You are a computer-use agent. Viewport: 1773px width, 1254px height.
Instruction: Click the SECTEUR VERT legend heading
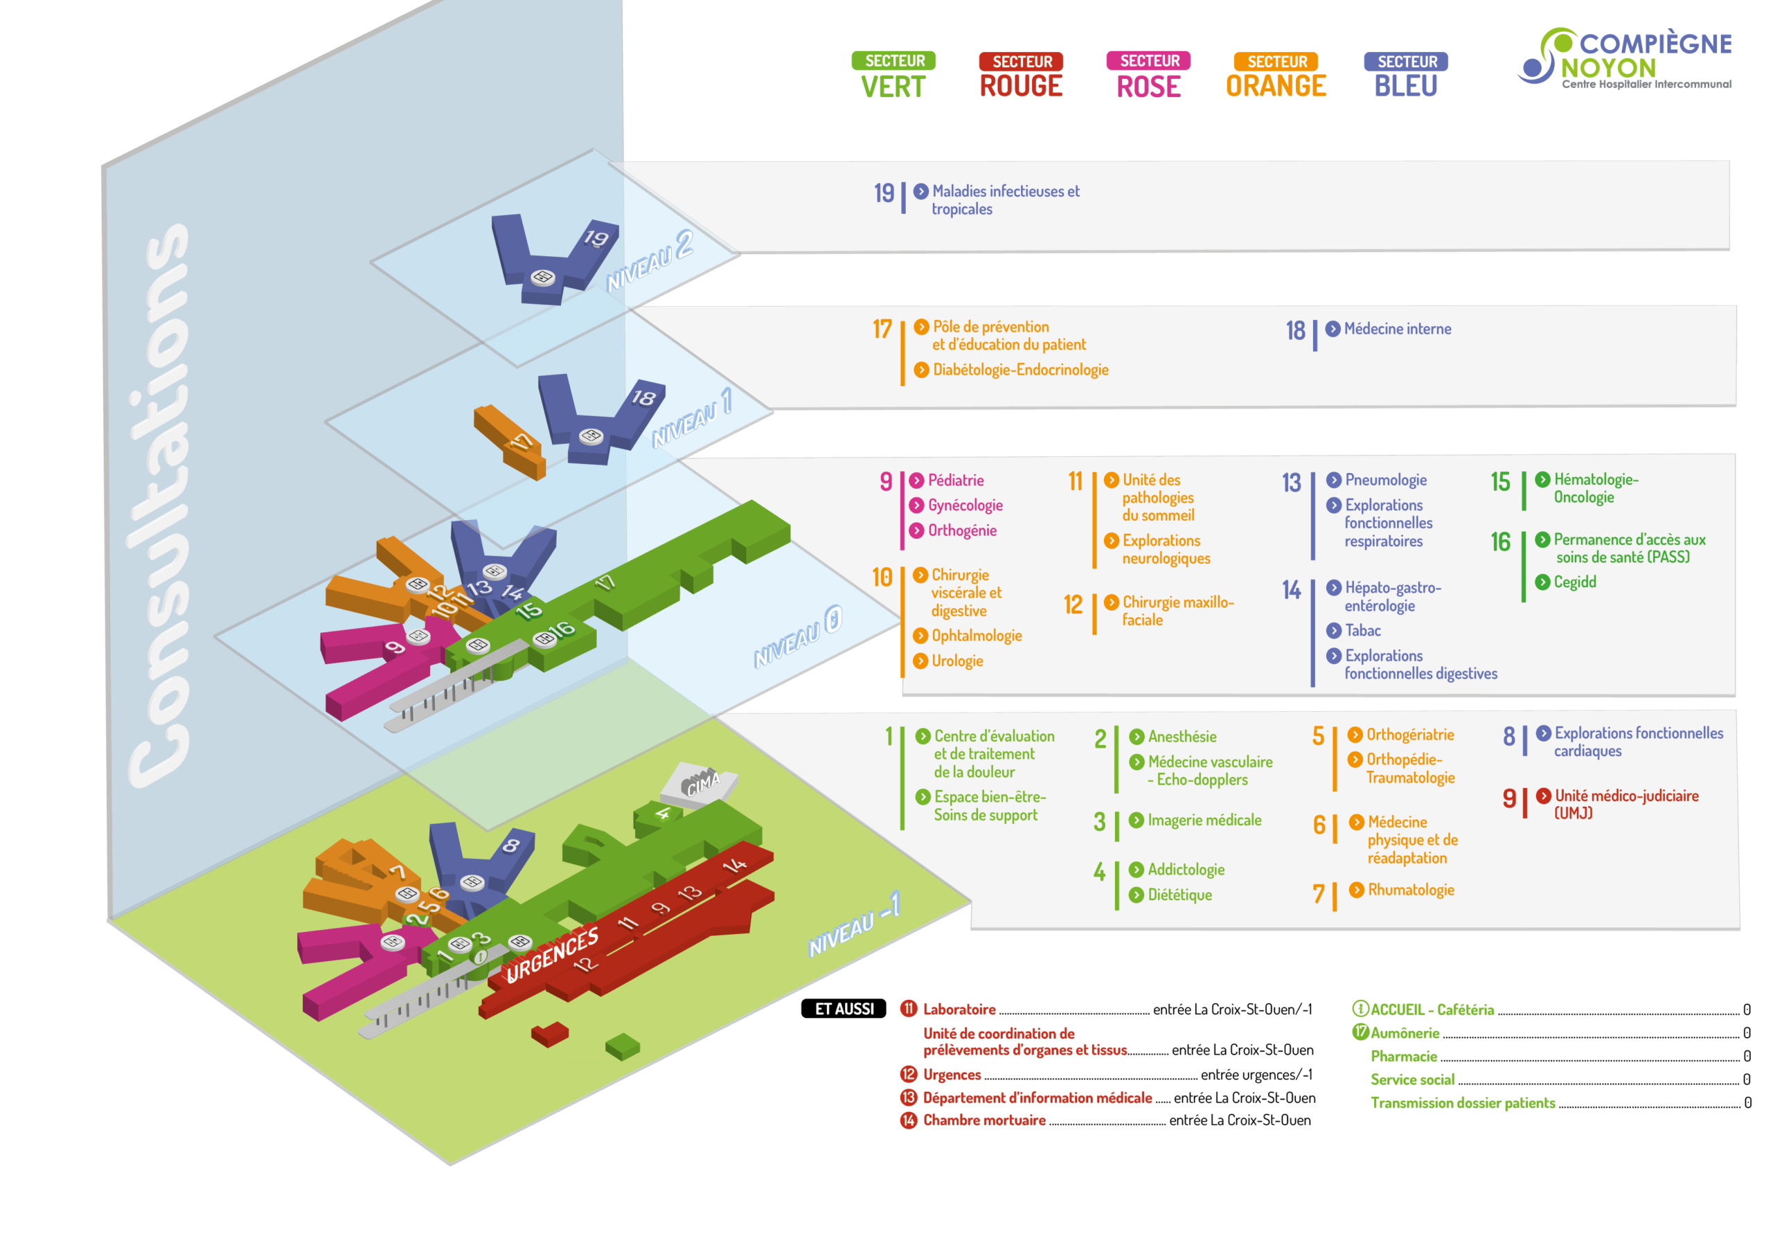click(893, 75)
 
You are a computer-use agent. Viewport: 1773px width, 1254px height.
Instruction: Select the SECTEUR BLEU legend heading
click(1405, 75)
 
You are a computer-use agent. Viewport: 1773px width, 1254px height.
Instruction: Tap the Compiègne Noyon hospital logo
click(1625, 59)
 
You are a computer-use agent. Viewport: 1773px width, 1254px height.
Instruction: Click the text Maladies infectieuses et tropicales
click(1005, 199)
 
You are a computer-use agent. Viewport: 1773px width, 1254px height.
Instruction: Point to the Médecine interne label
click(1397, 329)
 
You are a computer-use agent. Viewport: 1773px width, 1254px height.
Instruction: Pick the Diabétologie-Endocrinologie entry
click(1020, 370)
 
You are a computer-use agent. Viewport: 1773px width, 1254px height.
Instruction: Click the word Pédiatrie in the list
click(955, 481)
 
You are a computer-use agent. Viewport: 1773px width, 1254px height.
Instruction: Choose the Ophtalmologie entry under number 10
click(976, 636)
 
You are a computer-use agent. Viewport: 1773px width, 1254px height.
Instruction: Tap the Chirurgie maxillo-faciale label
click(1177, 611)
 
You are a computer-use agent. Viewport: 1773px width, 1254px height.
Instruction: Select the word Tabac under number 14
click(1362, 631)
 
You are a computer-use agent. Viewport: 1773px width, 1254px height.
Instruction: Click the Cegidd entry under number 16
click(1574, 582)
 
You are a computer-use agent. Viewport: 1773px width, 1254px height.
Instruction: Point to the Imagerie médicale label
click(1204, 820)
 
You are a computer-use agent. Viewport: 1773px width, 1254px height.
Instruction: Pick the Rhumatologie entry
click(1410, 890)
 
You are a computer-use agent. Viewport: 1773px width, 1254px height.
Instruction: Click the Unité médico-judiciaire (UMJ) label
click(1625, 803)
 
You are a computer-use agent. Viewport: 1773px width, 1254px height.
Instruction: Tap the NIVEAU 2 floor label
click(650, 262)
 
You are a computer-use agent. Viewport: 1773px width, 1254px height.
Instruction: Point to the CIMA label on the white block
click(703, 785)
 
